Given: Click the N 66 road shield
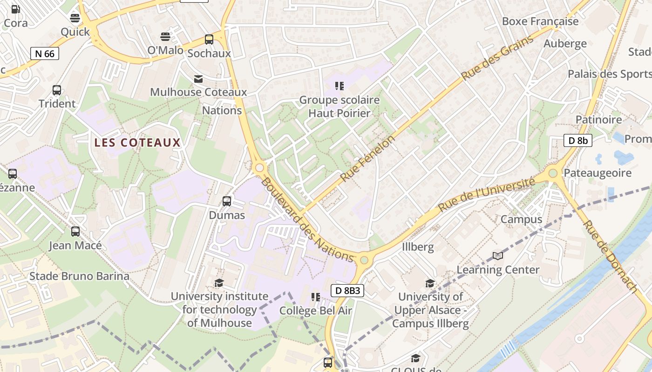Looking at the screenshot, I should click(45, 53).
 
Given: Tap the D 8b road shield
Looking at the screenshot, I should click(577, 140).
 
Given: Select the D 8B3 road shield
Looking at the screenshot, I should click(347, 291).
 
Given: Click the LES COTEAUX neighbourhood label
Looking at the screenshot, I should click(137, 143).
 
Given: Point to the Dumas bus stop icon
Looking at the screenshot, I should click(227, 201).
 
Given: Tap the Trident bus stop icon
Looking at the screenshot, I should click(57, 90).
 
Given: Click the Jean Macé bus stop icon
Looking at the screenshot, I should click(75, 231).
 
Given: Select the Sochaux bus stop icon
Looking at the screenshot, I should click(209, 40).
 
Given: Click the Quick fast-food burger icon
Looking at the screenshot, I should click(75, 18).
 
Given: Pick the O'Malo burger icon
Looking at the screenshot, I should click(165, 36).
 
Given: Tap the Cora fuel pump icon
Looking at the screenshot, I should click(15, 9).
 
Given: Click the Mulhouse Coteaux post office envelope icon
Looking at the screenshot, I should click(198, 79).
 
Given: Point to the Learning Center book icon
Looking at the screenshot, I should click(498, 256).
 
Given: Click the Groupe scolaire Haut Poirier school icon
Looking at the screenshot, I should click(340, 86).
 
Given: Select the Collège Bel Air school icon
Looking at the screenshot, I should click(315, 297).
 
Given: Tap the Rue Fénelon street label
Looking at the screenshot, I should click(367, 158).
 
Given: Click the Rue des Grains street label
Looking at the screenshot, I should click(497, 58).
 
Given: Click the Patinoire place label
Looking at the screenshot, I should click(598, 120).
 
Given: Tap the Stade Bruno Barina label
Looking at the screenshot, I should click(79, 276).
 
